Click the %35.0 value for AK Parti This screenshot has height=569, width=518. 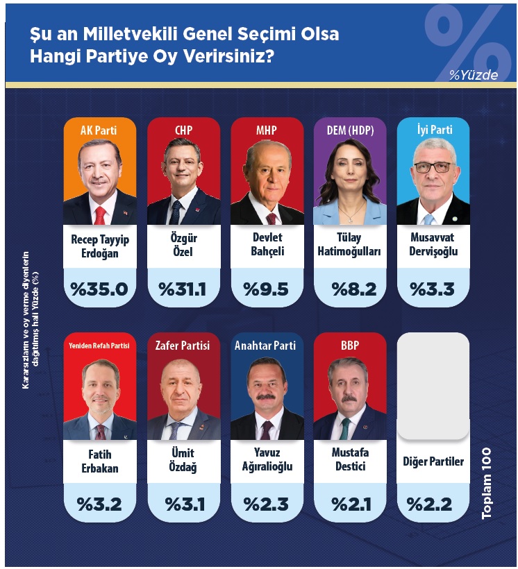pos(99,289)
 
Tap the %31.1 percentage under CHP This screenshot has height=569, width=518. pos(183,289)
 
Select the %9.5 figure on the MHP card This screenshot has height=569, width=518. pos(267,289)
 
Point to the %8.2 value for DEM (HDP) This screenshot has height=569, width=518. pos(350,289)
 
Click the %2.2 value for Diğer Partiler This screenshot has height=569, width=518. pos(433,504)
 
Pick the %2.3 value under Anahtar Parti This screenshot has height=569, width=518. pos(267,504)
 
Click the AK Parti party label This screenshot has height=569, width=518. pos(99,130)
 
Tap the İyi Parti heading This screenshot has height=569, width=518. pos(433,130)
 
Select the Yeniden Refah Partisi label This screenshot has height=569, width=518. pos(99,345)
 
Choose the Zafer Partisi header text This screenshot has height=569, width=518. pos(183,345)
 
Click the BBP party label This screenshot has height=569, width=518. pos(350,345)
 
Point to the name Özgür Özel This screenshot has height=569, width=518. pos(183,246)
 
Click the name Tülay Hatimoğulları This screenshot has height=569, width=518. pos(350,246)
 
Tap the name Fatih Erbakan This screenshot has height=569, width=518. pos(99,461)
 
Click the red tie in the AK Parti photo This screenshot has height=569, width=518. pos(100,214)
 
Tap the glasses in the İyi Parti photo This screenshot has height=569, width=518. pos(434,167)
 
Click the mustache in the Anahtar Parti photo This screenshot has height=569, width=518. pos(267,396)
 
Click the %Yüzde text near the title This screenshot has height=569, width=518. pos(473,76)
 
